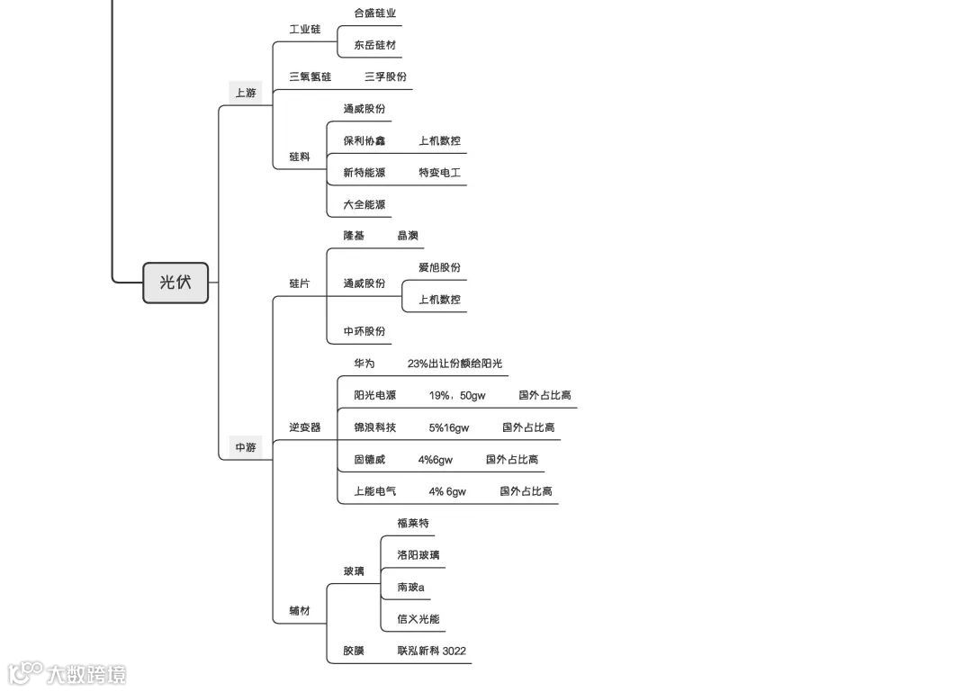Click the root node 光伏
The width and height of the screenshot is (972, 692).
click(175, 283)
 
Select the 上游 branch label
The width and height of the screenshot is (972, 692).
click(246, 93)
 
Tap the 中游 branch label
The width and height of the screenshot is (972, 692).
click(246, 447)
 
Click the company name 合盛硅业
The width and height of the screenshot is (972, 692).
click(374, 13)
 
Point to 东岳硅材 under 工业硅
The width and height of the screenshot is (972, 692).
click(374, 45)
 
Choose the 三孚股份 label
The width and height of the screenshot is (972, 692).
click(385, 77)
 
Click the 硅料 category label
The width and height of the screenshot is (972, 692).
click(300, 157)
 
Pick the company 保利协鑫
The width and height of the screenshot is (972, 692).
click(364, 141)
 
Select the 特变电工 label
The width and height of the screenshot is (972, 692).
click(439, 173)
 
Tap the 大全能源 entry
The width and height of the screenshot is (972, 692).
click(364, 205)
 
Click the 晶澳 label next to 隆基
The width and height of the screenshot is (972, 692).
click(408, 236)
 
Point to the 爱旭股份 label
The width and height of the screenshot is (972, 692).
click(439, 268)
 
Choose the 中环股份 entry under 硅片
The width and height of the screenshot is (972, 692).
click(364, 331)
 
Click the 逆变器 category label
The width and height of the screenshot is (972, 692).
click(305, 427)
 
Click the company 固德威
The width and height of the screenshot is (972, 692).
click(369, 460)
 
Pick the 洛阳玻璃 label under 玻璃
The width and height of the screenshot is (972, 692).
click(418, 555)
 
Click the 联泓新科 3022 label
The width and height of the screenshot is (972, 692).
click(431, 652)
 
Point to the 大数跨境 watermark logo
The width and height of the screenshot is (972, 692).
click(67, 673)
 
